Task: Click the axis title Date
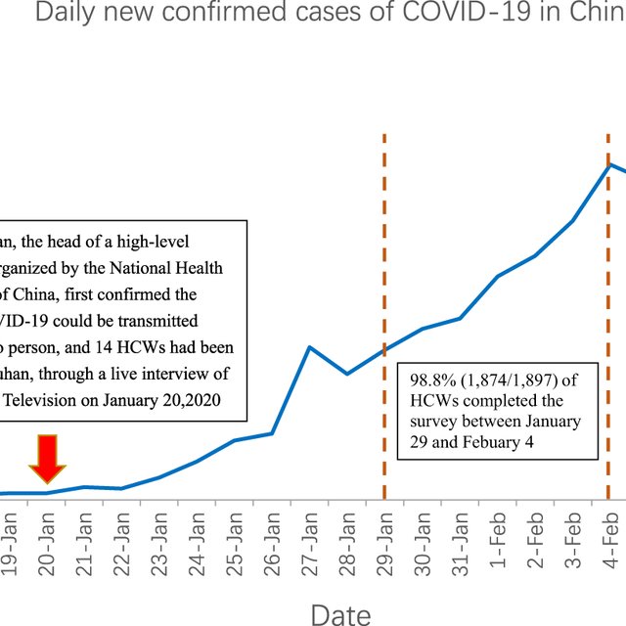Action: coord(339,613)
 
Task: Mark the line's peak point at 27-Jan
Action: coord(309,347)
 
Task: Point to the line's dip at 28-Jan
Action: coord(346,374)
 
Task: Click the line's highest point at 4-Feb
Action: coord(610,164)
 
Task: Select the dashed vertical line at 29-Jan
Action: coord(384,245)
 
